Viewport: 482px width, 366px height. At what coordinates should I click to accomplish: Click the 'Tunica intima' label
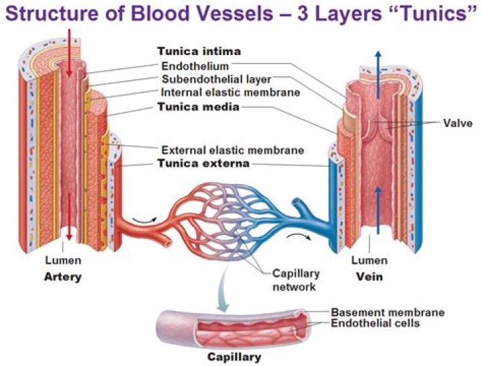click(x=199, y=52)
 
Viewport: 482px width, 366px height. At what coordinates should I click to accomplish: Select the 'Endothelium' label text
click(x=195, y=66)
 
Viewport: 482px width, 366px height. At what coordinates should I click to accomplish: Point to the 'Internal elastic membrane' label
click(x=230, y=92)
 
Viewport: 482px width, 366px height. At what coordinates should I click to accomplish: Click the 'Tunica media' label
click(x=198, y=106)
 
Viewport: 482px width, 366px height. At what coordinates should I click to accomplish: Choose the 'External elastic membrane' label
click(x=232, y=150)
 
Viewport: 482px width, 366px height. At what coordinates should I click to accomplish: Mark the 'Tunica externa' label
click(x=203, y=163)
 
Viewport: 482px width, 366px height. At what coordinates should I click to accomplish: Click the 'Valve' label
click(x=458, y=123)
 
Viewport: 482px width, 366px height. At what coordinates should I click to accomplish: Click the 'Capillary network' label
click(x=296, y=280)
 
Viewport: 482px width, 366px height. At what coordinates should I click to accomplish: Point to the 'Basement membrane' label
click(x=388, y=312)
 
